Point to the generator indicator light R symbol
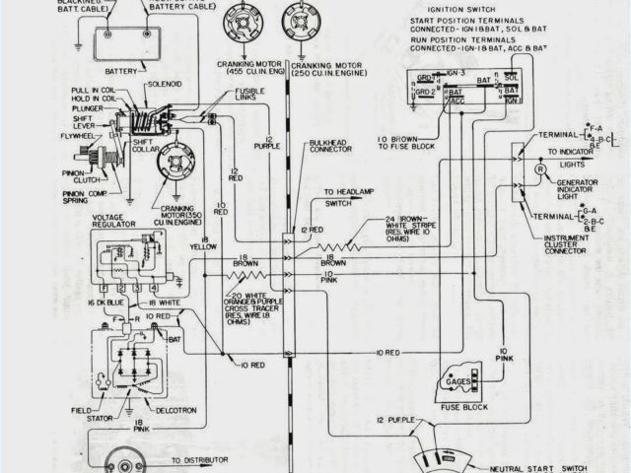(540, 169)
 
